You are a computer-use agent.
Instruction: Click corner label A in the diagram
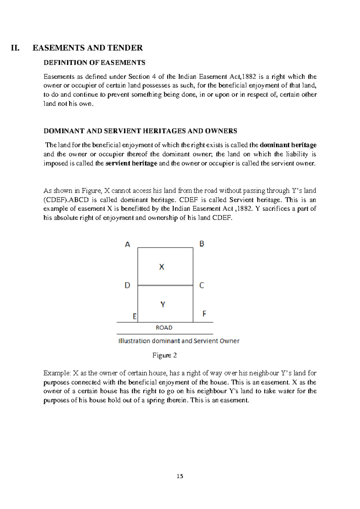pos(127,245)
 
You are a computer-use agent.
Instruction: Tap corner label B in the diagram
pos(202,244)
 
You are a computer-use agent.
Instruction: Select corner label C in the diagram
pos(202,285)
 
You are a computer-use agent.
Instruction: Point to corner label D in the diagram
pos(127,285)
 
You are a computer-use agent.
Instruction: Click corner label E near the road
pos(135,316)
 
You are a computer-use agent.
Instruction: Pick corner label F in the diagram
pos(204,314)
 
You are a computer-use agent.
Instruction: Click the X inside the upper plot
pos(161,267)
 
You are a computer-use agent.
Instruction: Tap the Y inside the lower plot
pos(163,305)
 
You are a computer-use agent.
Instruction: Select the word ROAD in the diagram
pos(164,328)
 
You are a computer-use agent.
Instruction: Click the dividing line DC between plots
pos(165,285)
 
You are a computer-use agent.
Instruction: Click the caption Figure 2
pos(164,355)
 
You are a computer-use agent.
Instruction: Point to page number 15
pos(180,476)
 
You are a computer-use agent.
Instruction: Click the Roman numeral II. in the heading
pos(15,48)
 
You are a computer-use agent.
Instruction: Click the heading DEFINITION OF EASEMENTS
pos(94,63)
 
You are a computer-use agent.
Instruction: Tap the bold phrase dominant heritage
pos(288,145)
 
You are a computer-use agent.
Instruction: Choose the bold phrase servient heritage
pos(131,164)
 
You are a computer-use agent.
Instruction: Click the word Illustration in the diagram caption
pos(134,341)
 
